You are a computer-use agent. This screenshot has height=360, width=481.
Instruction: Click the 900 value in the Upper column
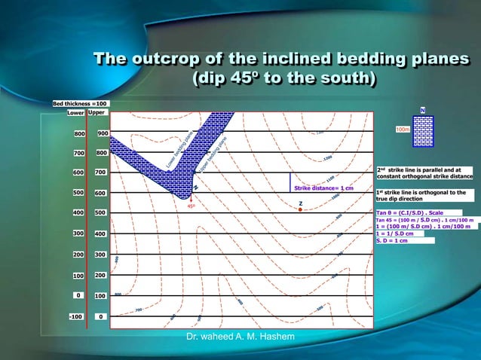click(101, 133)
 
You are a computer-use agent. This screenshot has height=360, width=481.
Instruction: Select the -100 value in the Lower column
click(75, 316)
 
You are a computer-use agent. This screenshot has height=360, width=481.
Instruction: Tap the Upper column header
click(97, 112)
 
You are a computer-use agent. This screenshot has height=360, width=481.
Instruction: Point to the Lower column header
click(75, 112)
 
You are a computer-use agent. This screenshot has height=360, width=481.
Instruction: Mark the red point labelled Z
click(300, 209)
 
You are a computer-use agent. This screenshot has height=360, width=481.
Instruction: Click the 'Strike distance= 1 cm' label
click(323, 188)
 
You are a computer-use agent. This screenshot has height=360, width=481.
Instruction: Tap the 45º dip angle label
click(191, 206)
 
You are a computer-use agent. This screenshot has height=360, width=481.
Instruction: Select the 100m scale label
click(403, 130)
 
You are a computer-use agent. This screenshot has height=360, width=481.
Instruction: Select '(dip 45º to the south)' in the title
click(285, 78)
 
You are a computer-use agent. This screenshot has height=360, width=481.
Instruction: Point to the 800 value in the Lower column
click(78, 133)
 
